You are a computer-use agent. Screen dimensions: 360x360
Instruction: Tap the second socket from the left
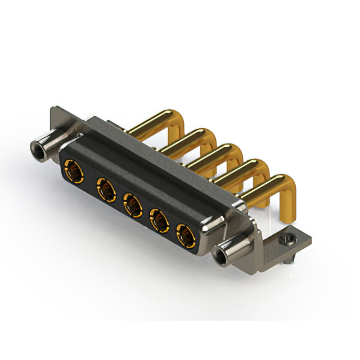(105, 187)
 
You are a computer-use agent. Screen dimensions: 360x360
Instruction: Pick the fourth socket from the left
(160, 220)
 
